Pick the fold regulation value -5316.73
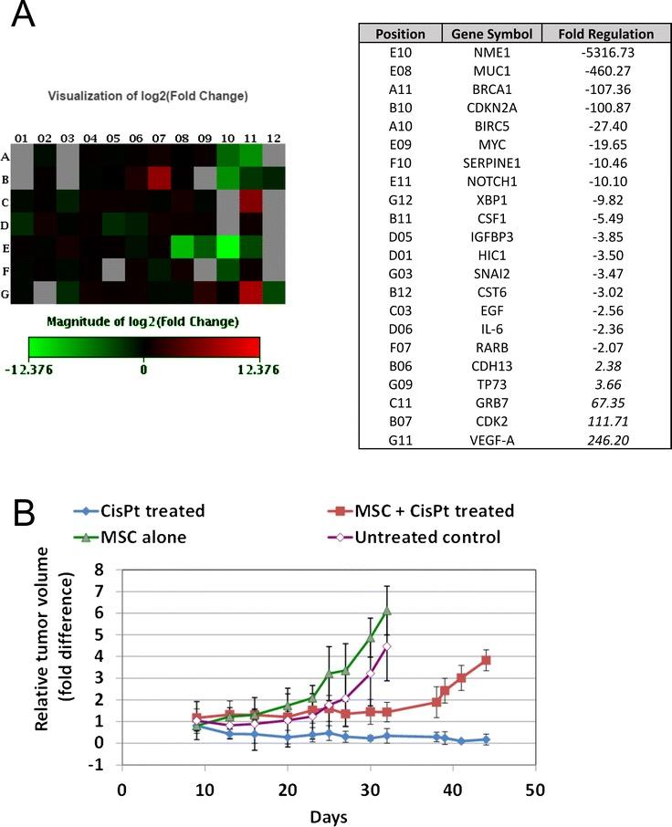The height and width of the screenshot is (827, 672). pos(599,54)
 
